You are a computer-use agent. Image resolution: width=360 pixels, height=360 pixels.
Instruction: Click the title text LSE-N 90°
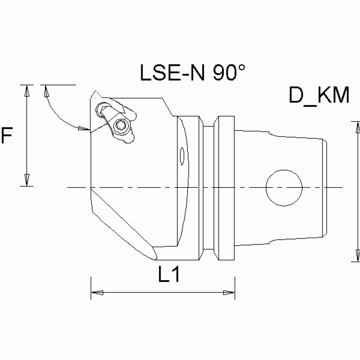(193, 73)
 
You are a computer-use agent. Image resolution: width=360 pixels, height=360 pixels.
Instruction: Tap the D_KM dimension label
(319, 96)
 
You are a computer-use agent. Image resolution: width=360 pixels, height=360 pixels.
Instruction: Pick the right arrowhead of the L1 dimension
(228, 293)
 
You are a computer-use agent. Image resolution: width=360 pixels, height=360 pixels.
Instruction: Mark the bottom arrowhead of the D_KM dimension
(353, 255)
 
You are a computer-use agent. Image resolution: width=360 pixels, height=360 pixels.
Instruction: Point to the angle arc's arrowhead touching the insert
(84, 128)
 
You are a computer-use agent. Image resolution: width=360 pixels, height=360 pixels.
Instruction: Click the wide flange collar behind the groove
(223, 188)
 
